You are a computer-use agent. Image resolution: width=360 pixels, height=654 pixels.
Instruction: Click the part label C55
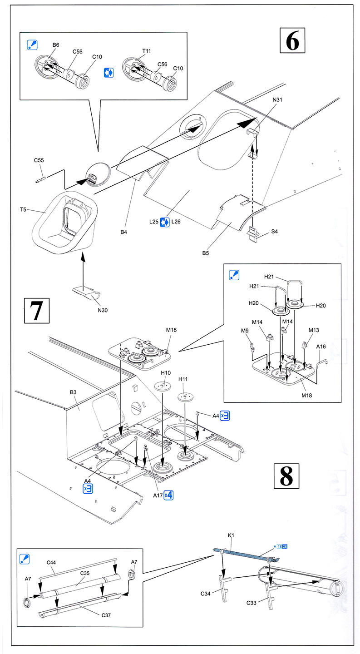[39, 160]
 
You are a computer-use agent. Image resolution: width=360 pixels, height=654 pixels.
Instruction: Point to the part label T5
[23, 210]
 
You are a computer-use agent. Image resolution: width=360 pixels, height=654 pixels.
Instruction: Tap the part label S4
[274, 232]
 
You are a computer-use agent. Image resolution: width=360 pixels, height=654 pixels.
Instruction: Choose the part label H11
[183, 378]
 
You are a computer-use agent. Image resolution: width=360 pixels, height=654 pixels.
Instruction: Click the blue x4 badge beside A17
[168, 494]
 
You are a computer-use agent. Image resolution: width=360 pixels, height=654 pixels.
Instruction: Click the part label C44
[51, 563]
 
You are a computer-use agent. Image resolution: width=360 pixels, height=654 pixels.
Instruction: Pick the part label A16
[321, 346]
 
